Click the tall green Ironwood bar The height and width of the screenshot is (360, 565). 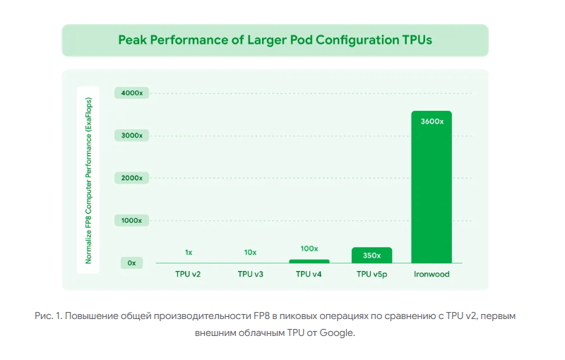432,191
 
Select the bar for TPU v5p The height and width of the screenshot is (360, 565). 371,255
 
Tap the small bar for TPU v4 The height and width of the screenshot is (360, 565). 309,260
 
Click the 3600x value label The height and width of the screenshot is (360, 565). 432,121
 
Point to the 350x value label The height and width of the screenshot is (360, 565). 371,255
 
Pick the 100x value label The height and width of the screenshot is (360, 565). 309,249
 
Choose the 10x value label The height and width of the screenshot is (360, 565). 250,252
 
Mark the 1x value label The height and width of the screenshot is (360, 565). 189,252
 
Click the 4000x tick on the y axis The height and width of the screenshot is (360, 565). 132,93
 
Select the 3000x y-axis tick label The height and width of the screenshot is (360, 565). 132,136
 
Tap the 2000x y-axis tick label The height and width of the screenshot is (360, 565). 132,178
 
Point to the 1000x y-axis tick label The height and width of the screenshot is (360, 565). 132,220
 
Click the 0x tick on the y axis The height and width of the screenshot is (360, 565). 132,263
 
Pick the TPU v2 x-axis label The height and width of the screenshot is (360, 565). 189,274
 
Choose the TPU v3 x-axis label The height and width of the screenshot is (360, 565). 250,274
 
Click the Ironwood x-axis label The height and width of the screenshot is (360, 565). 432,274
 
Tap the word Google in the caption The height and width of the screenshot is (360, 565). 336,332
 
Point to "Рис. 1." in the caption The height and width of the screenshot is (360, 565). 47,316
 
